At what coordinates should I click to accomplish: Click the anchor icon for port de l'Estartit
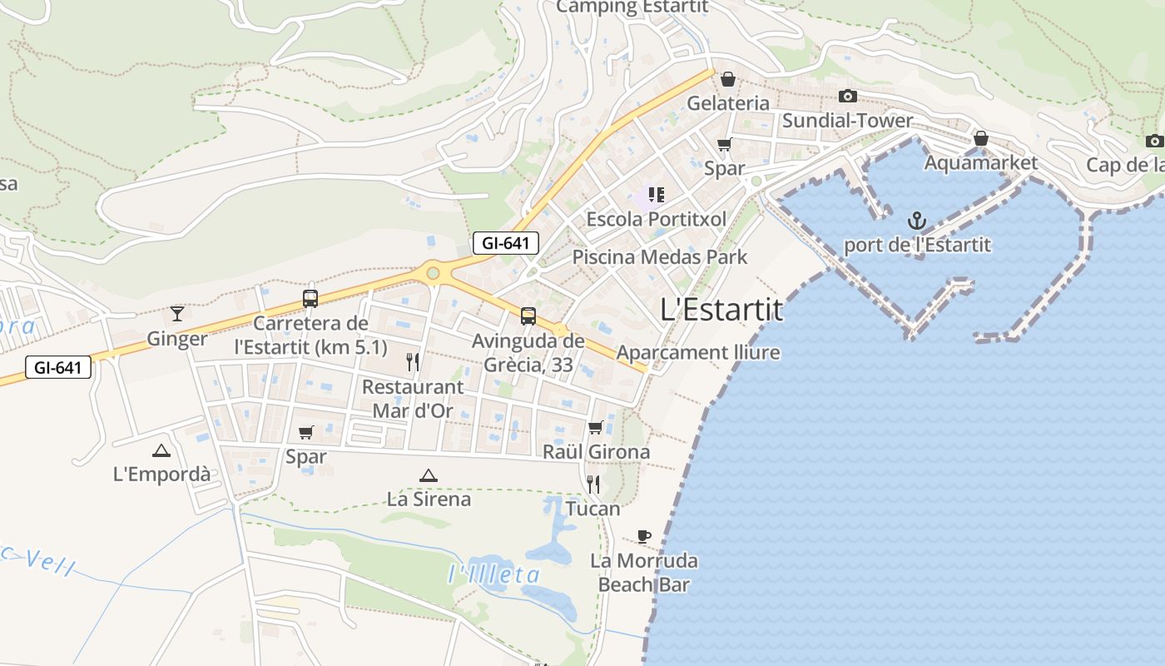pos(916,221)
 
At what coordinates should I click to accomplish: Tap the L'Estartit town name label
pos(721,310)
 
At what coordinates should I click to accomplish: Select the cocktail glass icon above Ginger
pos(177,314)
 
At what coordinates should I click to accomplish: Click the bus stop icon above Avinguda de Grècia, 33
pos(528,316)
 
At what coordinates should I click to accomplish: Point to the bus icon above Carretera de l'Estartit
pos(310,298)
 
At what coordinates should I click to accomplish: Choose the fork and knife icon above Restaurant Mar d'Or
pos(412,361)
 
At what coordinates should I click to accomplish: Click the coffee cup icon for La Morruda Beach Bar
pos(643,536)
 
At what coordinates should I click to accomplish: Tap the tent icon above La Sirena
pos(428,475)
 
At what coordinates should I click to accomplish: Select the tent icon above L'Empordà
pos(161,450)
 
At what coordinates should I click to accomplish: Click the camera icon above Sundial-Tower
pos(847,97)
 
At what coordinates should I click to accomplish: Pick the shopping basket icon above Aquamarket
pos(981,138)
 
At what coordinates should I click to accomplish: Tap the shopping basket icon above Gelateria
pos(728,79)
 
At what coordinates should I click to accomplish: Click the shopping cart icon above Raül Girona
pos(595,428)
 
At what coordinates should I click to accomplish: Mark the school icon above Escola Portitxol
pos(656,195)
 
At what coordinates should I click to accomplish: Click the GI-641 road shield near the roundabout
pos(506,243)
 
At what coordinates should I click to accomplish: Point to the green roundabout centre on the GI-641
pos(433,273)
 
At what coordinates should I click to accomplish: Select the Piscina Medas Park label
pos(660,257)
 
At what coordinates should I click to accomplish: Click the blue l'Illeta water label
pos(494,574)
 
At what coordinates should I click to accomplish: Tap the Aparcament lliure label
pos(698,352)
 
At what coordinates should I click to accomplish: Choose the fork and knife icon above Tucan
pos(592,484)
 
